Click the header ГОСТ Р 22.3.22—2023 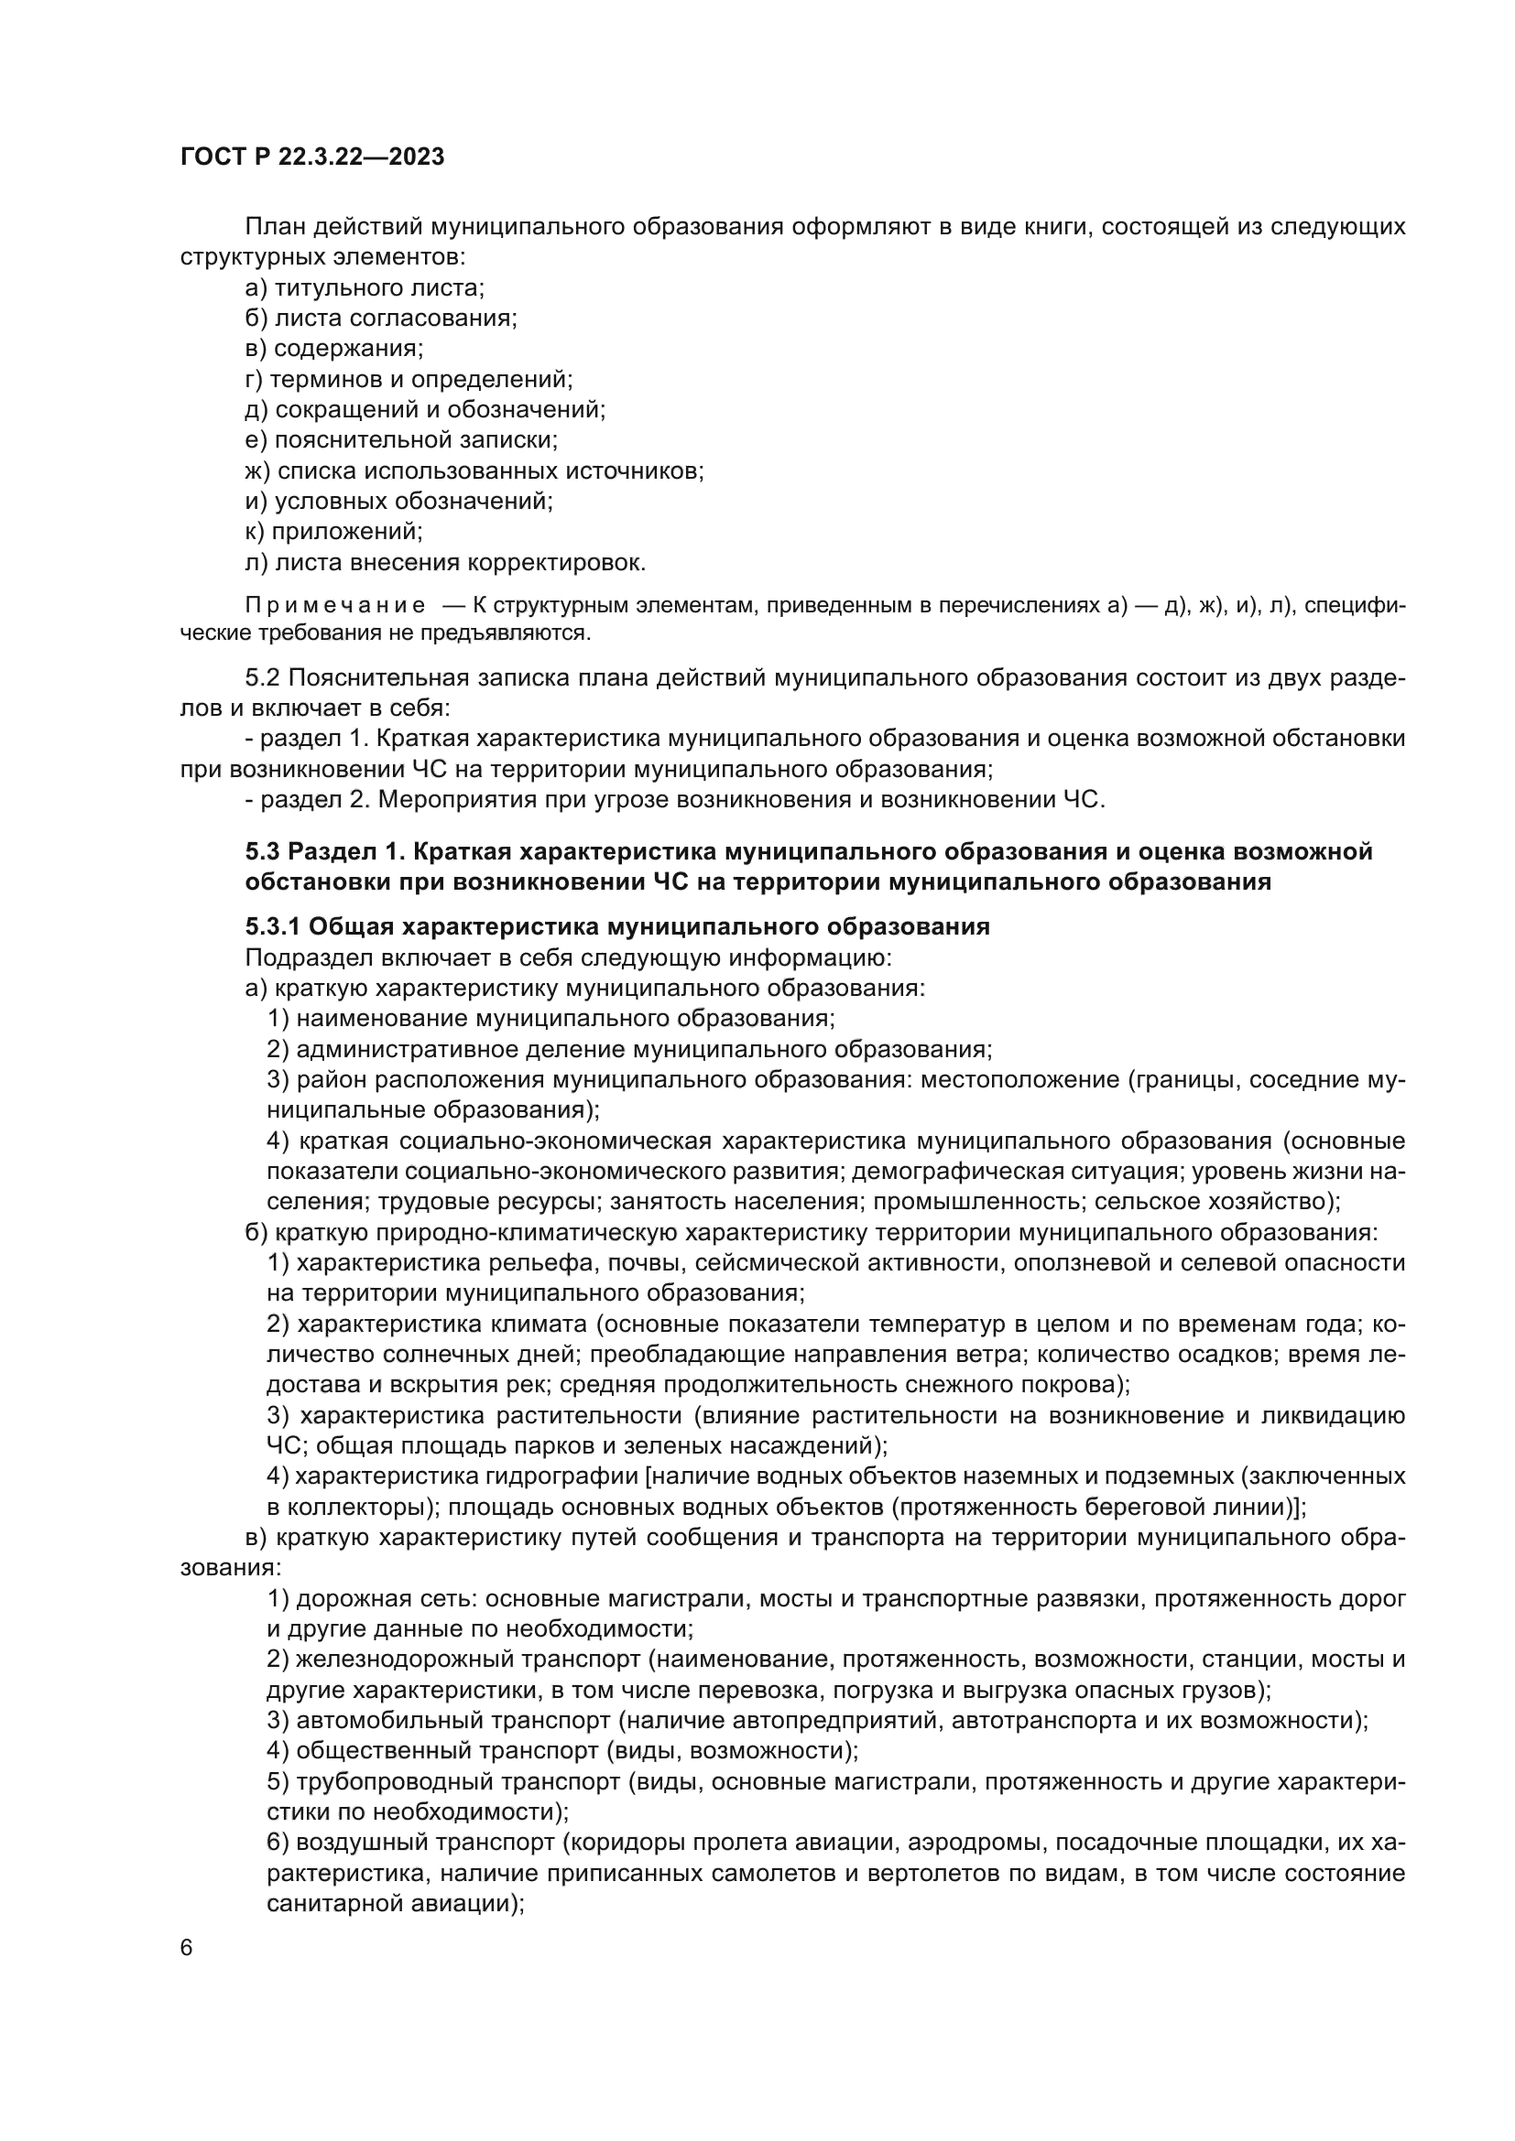click(311, 157)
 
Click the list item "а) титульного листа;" click(364, 288)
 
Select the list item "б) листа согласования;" click(381, 319)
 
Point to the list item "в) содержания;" click(334, 349)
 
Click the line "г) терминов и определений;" click(409, 380)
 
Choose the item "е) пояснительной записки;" click(401, 440)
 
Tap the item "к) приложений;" click(334, 532)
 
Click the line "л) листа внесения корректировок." click(445, 562)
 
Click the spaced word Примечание click(335, 606)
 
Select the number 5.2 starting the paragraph click(262, 678)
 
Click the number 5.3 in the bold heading click(262, 851)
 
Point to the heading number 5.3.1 click(272, 927)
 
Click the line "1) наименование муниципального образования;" click(550, 1018)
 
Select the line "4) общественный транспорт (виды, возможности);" click(561, 1750)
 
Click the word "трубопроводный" click(391, 1781)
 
